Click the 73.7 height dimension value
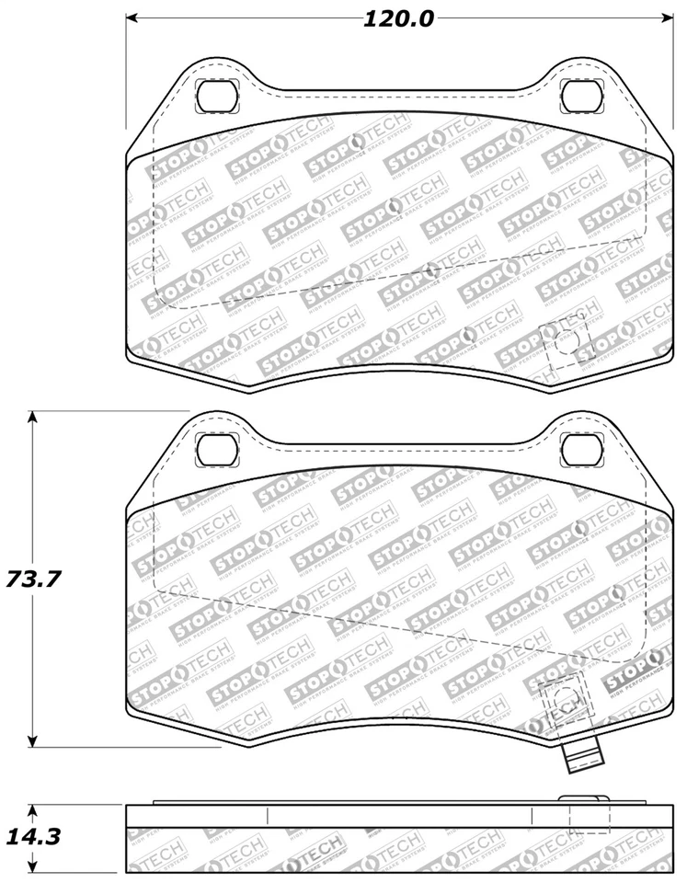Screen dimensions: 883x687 [33, 579]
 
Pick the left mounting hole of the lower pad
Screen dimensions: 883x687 [218, 449]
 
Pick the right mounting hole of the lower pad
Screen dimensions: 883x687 [579, 449]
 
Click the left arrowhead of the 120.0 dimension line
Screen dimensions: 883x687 [132, 17]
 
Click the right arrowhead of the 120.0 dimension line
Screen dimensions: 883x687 [667, 17]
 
